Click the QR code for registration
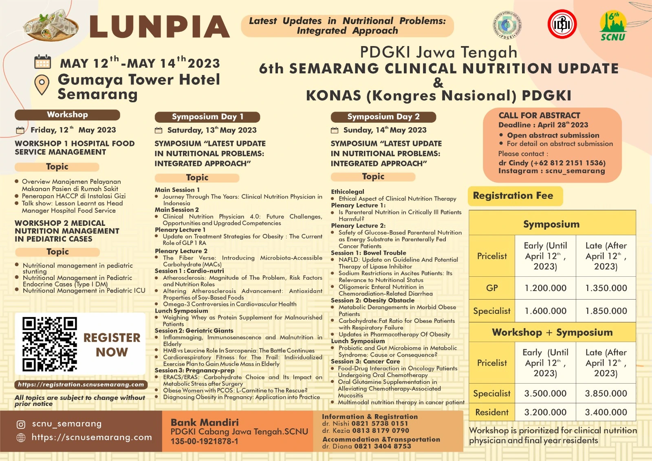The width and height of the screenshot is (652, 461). (x=50, y=344)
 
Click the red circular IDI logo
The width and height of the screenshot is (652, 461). (x=562, y=24)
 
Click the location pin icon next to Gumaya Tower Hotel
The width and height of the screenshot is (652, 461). (x=42, y=84)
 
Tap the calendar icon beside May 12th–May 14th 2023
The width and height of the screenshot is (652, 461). (x=42, y=62)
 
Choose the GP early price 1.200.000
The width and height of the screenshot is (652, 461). (x=545, y=288)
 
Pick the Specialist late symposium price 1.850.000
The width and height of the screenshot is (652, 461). (x=606, y=311)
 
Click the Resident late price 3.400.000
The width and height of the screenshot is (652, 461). (x=606, y=412)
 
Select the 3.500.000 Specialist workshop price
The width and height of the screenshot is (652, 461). (x=545, y=394)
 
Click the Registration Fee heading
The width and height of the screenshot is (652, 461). (x=513, y=196)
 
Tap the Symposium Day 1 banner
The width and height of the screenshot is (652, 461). (x=207, y=117)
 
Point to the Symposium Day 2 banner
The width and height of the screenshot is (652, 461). (x=383, y=117)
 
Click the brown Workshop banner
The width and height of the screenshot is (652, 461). (x=67, y=115)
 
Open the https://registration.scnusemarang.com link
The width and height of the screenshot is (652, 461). (x=81, y=384)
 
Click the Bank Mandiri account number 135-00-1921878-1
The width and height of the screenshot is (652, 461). (x=204, y=441)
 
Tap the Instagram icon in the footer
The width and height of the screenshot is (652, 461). (x=21, y=424)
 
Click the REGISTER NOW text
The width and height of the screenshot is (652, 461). (x=112, y=345)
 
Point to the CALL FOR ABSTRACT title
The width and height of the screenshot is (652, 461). (x=539, y=116)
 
